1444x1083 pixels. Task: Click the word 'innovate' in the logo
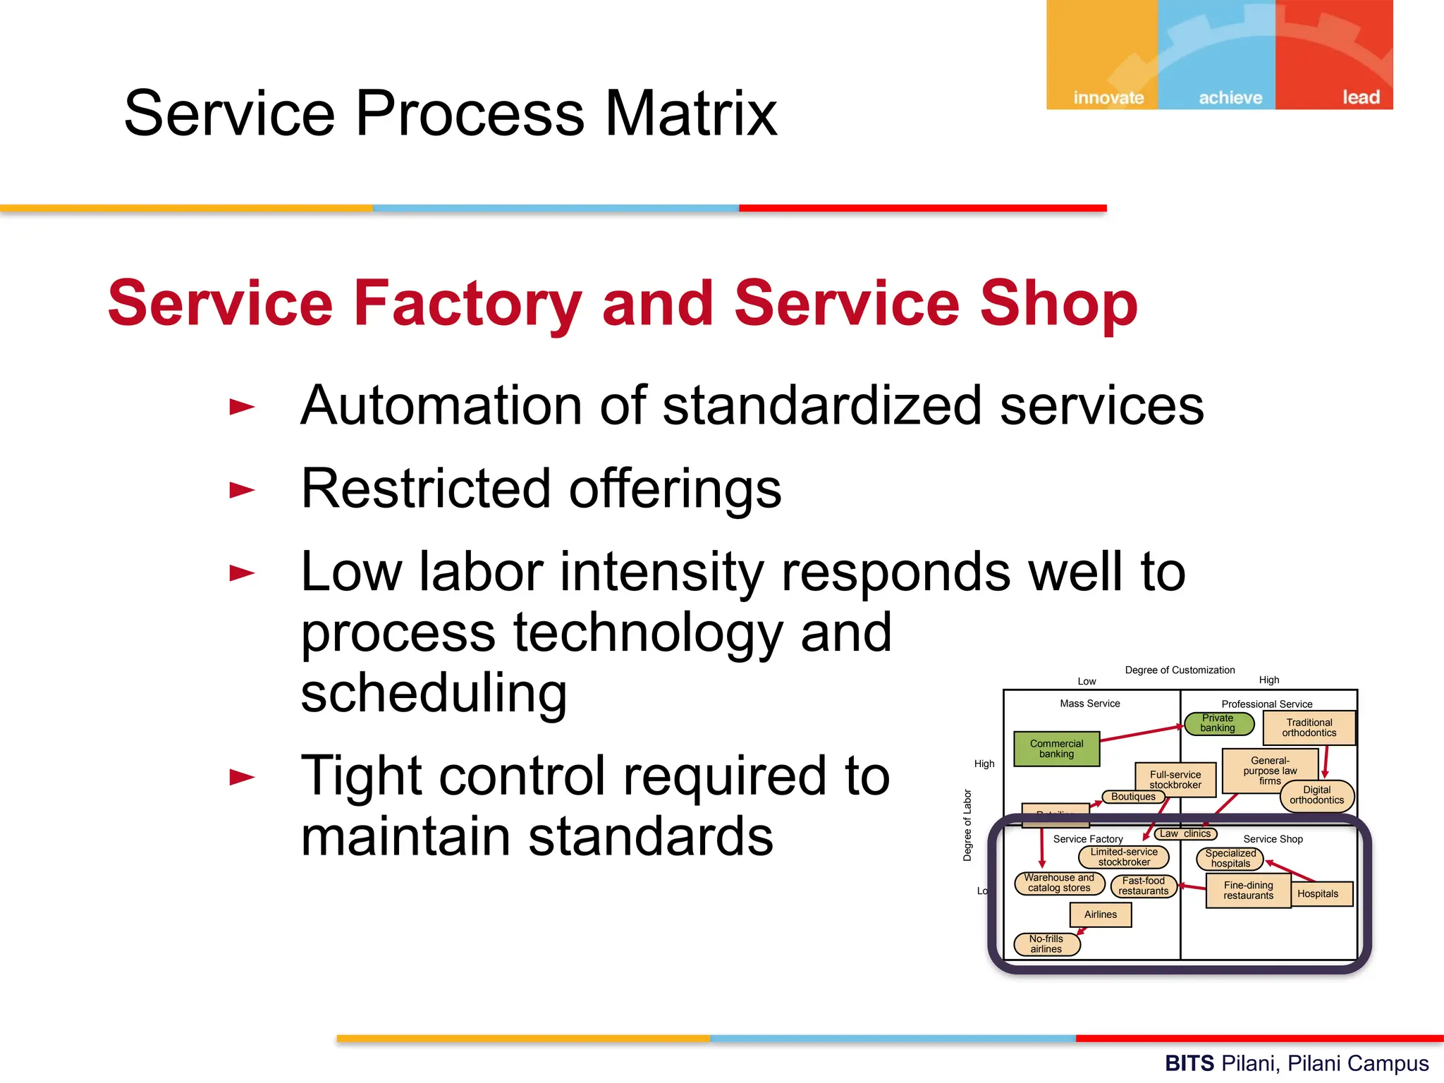point(1108,97)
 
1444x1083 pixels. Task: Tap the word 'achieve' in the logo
point(1230,97)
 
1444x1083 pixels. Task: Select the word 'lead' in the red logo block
point(1360,97)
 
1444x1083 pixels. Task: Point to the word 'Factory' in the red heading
point(467,303)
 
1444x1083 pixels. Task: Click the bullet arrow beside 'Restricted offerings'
point(242,490)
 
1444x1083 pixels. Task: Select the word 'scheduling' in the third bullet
point(433,694)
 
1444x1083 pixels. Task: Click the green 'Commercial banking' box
point(1056,749)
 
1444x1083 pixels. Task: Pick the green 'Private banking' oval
point(1218,723)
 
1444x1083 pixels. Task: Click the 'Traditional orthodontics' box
point(1309,728)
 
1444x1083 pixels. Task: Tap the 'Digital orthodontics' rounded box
point(1316,795)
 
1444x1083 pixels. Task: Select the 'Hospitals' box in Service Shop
point(1317,894)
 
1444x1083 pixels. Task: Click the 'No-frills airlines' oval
point(1046,944)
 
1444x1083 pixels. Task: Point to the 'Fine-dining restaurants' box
point(1248,891)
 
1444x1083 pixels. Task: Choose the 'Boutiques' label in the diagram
point(1133,797)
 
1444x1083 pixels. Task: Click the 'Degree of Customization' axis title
point(1180,670)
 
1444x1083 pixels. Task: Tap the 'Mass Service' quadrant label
point(1089,704)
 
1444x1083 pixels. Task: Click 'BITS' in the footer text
point(1189,1063)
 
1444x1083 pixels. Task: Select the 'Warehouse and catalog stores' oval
point(1059,883)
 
